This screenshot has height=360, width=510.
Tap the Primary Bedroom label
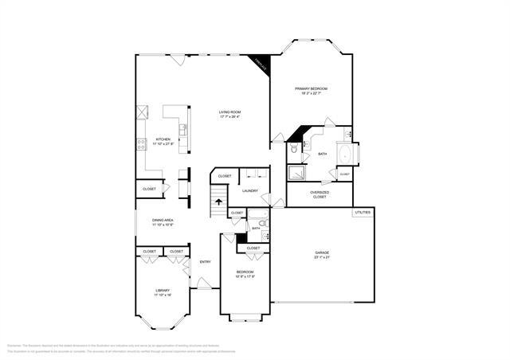point(312,90)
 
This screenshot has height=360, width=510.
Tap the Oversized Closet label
point(320,194)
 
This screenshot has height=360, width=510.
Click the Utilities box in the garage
point(363,213)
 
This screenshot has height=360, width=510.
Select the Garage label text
point(322,255)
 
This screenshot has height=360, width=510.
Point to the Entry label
point(205,262)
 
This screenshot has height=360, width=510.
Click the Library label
point(163,292)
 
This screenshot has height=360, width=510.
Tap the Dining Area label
point(163,222)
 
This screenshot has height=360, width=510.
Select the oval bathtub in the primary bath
point(347,153)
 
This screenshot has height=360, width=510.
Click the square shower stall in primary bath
point(297,175)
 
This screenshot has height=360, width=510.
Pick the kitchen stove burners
point(142,144)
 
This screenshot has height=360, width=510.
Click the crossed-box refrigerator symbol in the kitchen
point(143,112)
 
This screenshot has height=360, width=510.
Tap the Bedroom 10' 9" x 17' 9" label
point(245,275)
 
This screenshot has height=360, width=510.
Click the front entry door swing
point(204,282)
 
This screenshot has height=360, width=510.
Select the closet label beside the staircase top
point(225,176)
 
